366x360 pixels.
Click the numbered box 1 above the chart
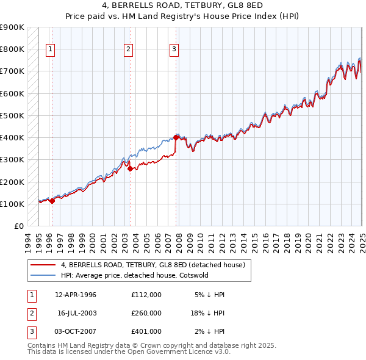49,50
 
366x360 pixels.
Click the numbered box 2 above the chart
128,50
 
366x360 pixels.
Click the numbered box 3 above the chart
174,50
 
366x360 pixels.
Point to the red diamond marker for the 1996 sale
52,201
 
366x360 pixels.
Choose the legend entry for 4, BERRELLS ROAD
153,265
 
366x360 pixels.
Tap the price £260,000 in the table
146,313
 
